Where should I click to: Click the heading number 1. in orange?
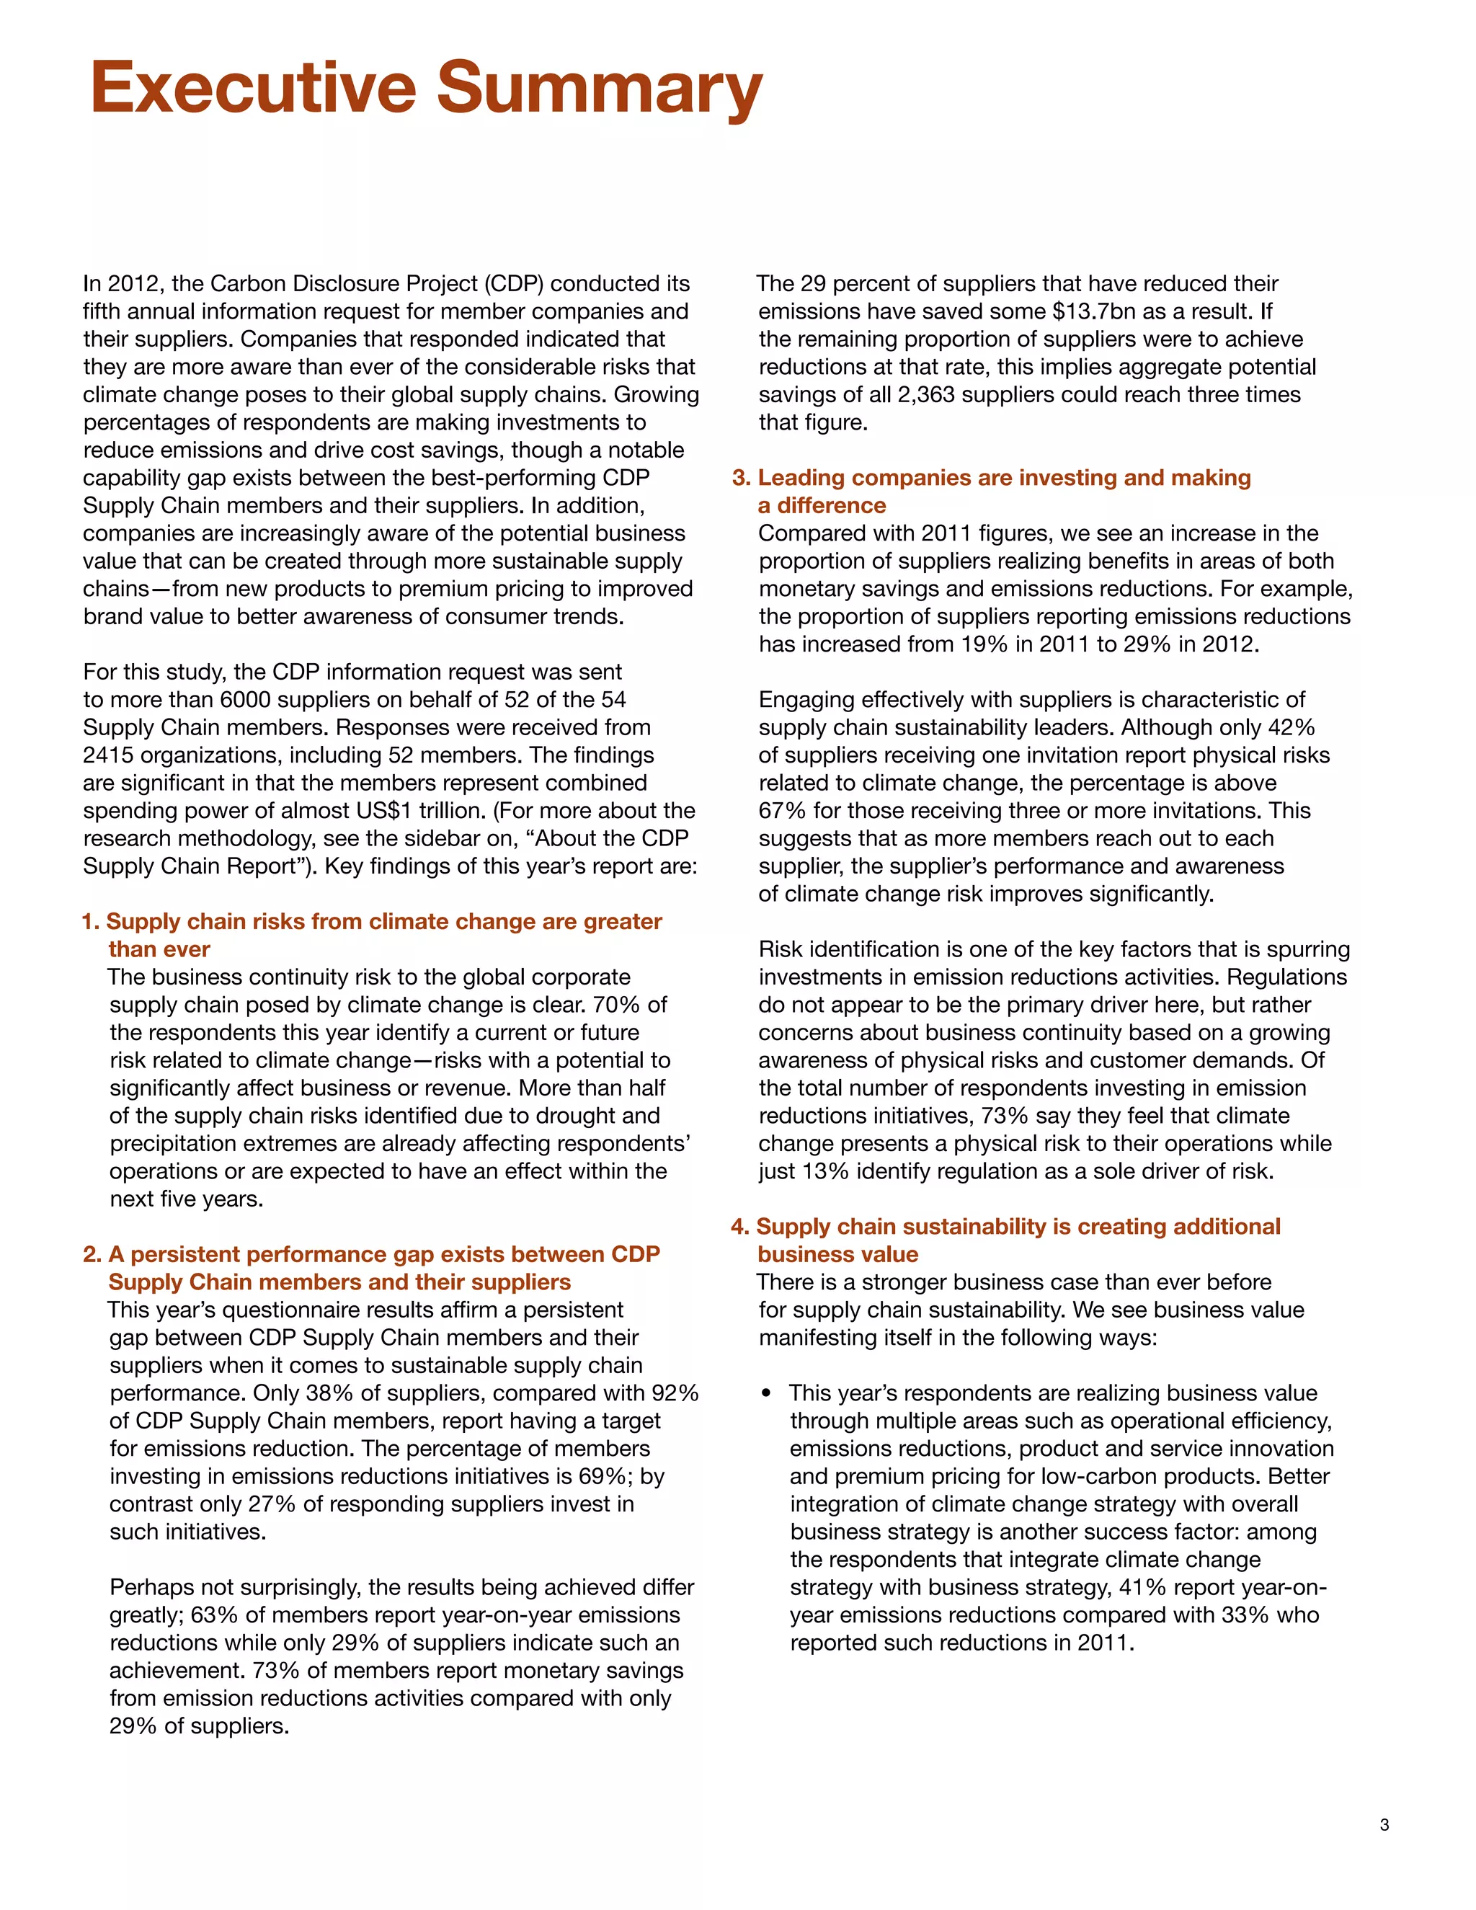[x=91, y=922]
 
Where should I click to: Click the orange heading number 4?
[x=739, y=1226]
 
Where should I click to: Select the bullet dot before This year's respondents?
[x=767, y=1393]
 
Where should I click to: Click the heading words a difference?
[x=821, y=505]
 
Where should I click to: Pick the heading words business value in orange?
[x=837, y=1254]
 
